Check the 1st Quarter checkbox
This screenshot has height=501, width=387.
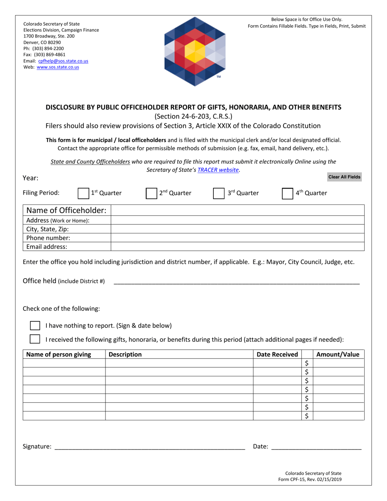tap(84, 193)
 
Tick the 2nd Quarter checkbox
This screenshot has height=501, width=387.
tap(152, 193)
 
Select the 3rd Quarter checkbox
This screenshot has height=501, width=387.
tap(219, 193)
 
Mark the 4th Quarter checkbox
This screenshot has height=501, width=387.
tap(288, 193)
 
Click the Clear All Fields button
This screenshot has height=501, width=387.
tap(344, 177)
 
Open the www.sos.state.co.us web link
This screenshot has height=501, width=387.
tap(58, 67)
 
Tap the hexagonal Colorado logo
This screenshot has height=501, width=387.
tap(194, 51)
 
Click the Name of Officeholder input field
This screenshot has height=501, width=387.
tap(237, 211)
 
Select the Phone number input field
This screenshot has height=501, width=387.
tap(237, 238)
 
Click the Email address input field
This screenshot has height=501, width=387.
tap(237, 246)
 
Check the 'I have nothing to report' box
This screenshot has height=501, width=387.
tap(35, 325)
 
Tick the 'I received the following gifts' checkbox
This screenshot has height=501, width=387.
tap(35, 339)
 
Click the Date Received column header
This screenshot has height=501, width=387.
tap(277, 354)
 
